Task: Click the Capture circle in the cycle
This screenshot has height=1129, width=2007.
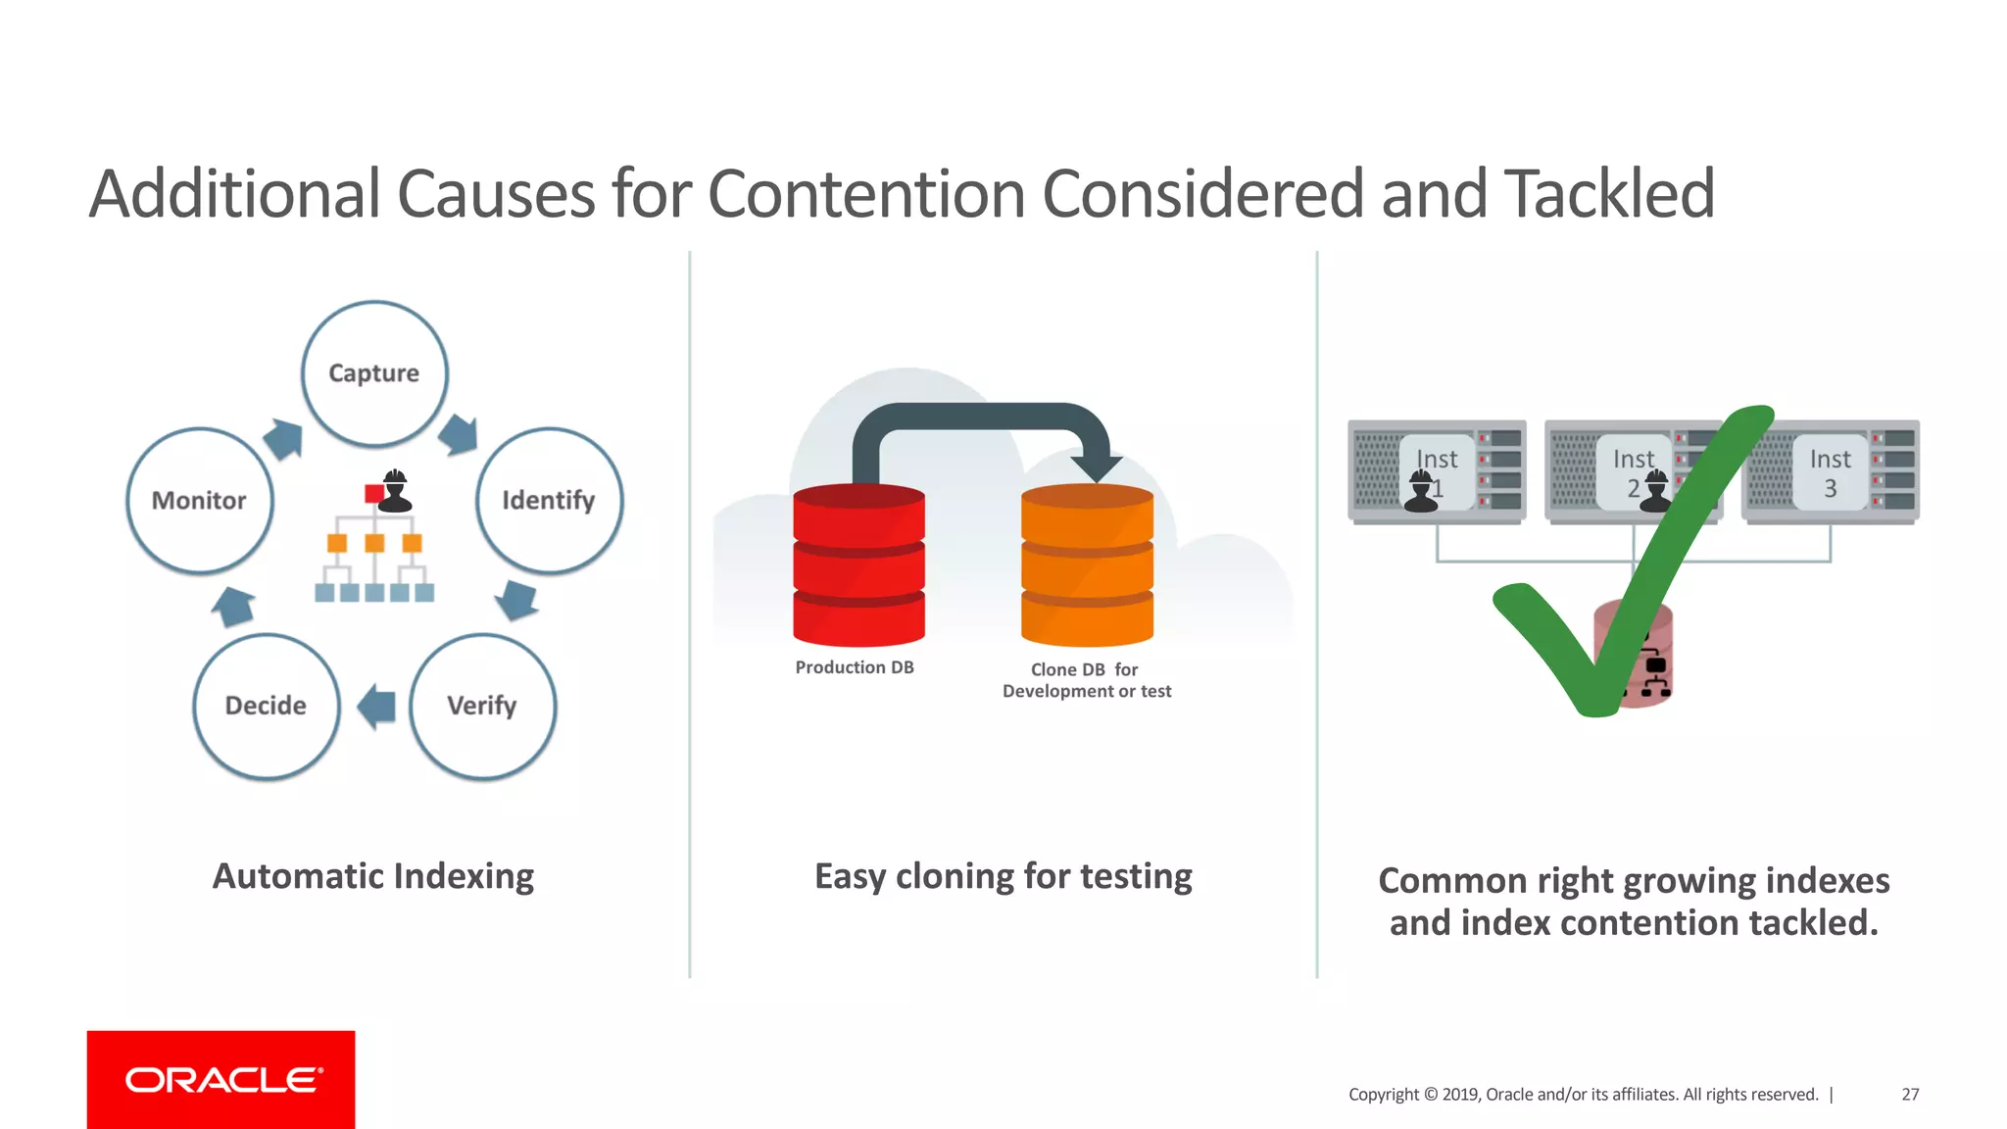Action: (374, 373)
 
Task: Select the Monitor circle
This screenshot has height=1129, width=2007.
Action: (200, 501)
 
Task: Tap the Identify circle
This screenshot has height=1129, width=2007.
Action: (549, 501)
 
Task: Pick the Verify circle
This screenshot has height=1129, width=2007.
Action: (482, 706)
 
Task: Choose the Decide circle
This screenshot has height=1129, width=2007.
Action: (267, 706)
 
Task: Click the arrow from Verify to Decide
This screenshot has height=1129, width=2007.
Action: (377, 706)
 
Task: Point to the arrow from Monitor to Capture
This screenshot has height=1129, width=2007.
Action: (283, 438)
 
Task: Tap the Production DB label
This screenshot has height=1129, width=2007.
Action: (855, 667)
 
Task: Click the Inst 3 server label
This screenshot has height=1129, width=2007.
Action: (1830, 472)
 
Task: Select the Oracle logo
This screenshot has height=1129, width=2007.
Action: (221, 1079)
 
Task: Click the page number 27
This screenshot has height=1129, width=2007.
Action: (1910, 1095)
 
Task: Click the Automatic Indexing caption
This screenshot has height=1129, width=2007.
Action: (373, 876)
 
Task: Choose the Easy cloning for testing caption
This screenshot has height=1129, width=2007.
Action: (1003, 876)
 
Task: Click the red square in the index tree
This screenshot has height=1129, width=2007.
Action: (373, 494)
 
